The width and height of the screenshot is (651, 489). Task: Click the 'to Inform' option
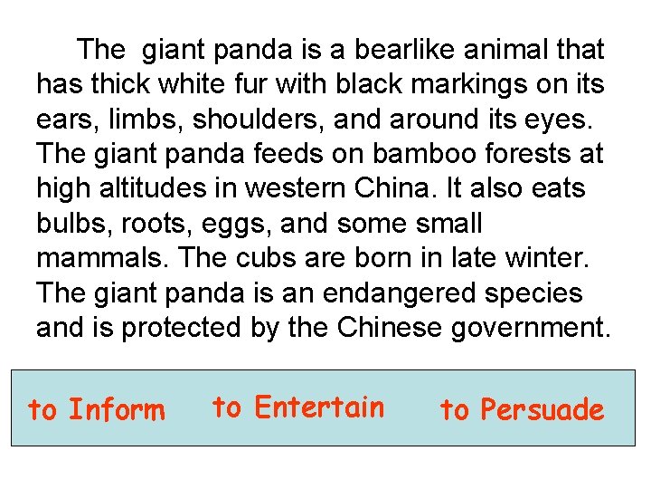point(97,410)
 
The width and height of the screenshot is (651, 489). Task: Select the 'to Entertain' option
point(298,407)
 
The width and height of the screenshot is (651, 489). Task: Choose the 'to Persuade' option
point(522,410)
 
